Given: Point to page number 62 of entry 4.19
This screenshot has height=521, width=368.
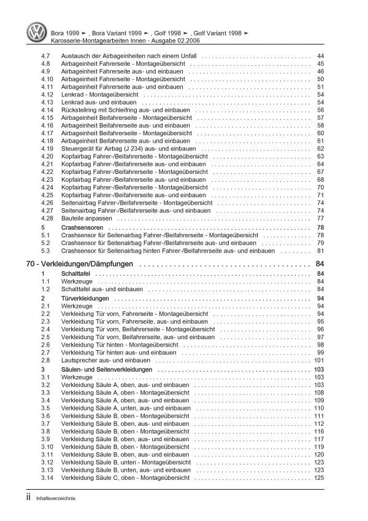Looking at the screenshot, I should tap(320, 148).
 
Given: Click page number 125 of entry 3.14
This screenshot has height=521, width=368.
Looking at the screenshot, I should tap(319, 477).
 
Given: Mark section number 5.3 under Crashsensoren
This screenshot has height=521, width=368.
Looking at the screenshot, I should tap(44, 250).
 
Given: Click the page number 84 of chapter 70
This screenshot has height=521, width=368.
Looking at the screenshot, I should tap(319, 265).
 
